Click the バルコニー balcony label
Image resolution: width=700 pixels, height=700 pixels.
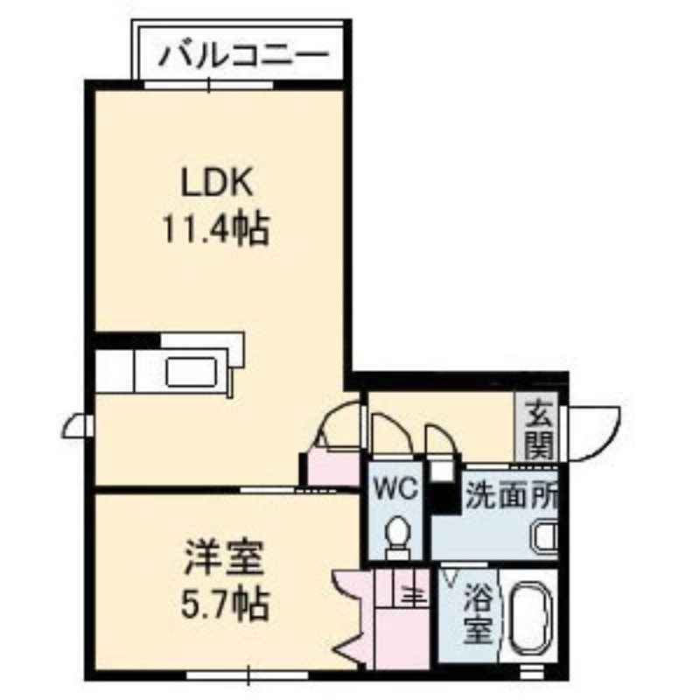coord(244,56)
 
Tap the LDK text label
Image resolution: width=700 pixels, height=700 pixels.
coord(216,182)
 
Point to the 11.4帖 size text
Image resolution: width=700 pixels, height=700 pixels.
coord(216,228)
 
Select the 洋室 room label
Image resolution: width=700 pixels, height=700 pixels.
coord(223,557)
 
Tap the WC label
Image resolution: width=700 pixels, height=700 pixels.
coord(395,488)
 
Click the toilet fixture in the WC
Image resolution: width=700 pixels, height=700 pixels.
coord(397,537)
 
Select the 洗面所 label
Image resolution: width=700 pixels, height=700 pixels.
coord(512,496)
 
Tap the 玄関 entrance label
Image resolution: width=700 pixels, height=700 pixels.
coord(539,430)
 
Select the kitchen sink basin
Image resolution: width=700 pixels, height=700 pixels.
coord(192,372)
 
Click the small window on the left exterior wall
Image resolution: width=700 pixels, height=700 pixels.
coord(77,426)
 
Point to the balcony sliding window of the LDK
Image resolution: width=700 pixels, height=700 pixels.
coord(209,85)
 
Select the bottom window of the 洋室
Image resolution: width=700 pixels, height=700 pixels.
coord(248,674)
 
